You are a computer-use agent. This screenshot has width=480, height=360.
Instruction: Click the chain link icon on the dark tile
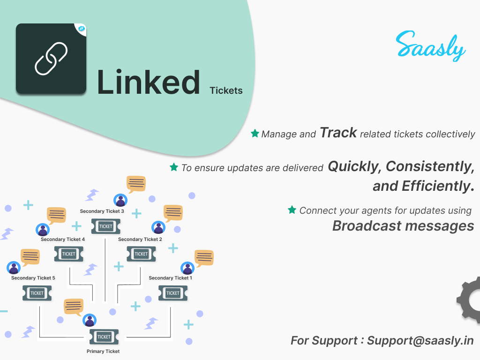(51, 59)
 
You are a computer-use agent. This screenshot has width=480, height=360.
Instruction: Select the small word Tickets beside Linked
(226, 90)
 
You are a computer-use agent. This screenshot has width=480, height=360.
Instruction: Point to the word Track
(338, 133)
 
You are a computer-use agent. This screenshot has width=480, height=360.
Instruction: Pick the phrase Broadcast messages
(403, 225)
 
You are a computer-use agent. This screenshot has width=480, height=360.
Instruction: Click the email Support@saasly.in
(420, 340)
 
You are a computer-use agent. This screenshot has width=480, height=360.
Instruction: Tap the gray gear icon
(470, 300)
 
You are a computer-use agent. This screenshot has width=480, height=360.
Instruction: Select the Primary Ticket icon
(104, 337)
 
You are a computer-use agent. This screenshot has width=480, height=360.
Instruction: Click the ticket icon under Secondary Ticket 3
(105, 226)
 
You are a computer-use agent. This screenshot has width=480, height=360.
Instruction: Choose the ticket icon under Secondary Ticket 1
(172, 293)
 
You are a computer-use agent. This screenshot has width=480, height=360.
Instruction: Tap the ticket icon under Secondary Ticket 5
(37, 293)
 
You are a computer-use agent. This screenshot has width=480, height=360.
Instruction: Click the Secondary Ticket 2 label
(140, 240)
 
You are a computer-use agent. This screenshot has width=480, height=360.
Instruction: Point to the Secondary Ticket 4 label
(62, 240)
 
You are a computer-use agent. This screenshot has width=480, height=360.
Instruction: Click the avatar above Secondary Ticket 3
(121, 200)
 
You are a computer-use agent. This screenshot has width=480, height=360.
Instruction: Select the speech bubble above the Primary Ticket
(74, 306)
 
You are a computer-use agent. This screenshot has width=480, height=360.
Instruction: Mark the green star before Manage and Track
(255, 134)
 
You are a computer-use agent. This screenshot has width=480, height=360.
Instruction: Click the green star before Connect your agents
(292, 210)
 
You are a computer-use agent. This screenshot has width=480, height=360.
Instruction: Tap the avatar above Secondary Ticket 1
(187, 268)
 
